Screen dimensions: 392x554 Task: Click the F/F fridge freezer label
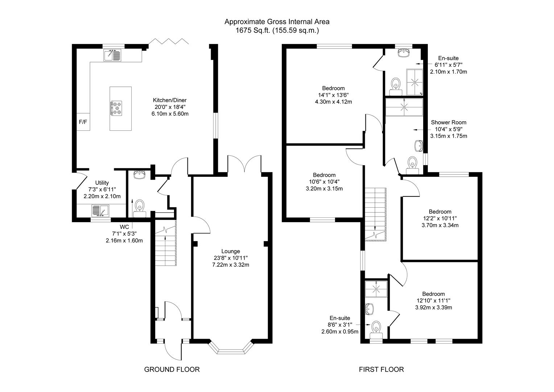83,122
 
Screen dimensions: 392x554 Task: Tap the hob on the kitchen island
117,108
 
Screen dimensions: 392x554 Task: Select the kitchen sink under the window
113,55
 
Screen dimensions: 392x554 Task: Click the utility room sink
100,210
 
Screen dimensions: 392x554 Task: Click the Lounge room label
230,251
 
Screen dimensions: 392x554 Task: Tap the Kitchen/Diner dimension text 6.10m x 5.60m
170,114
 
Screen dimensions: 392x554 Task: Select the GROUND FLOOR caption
172,369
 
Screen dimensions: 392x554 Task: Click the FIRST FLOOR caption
381,369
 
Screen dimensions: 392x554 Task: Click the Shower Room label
448,122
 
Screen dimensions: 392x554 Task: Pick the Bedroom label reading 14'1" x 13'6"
333,88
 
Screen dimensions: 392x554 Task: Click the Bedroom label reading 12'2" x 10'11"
440,212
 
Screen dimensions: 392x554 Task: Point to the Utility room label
102,183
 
